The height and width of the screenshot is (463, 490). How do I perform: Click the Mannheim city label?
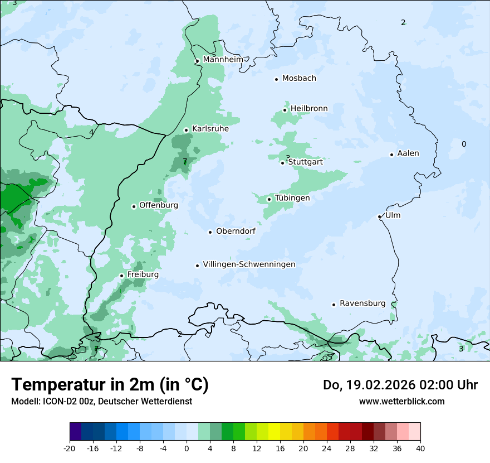pos(223,60)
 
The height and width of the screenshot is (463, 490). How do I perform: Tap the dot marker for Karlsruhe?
pos(187,130)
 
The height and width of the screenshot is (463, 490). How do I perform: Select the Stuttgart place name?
pos(305,162)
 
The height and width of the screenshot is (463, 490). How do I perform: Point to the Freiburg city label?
pos(143,274)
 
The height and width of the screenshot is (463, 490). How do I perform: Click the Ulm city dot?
pos(380,216)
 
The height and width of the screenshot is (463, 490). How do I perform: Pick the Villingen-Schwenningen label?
pos(249,264)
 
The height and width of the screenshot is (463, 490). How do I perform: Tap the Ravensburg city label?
pos(362,303)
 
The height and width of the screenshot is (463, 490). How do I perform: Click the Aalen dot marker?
pos(392,155)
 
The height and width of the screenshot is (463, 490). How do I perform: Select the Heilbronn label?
pos(309,108)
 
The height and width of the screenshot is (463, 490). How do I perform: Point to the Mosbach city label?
pos(299,79)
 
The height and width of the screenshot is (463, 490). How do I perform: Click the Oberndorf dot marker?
pos(210,232)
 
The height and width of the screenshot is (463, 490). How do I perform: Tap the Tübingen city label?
pos(292,198)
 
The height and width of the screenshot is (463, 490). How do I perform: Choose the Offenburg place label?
pos(159,205)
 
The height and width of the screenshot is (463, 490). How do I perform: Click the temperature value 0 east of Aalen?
pos(464,144)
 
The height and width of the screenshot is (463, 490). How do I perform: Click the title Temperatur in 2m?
pos(110,385)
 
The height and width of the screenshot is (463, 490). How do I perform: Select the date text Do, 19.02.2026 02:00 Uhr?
pos(400,385)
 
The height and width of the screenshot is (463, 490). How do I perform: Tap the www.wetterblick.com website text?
pos(401,401)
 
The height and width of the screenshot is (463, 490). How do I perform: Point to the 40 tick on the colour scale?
pos(420,448)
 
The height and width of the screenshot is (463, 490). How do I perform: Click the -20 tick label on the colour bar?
pos(70,448)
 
